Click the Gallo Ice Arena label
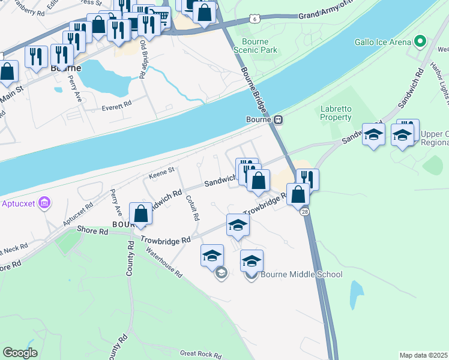[x=382, y=41]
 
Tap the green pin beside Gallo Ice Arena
[x=420, y=41]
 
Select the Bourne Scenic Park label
[x=259, y=46]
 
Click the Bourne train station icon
[x=279, y=119]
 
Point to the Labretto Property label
[x=336, y=113]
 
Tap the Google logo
[x=20, y=352]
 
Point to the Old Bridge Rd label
[x=143, y=60]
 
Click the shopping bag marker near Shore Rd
[x=140, y=214]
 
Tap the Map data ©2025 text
[x=423, y=355]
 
